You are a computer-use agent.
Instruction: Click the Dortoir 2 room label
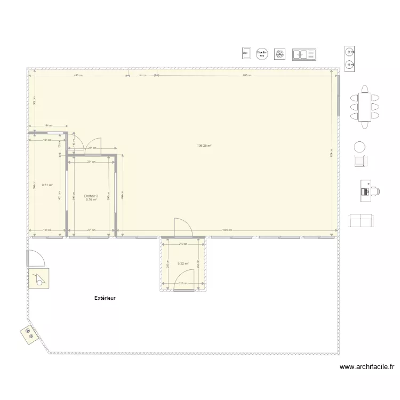(91, 196)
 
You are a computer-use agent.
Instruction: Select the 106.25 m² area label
(205, 146)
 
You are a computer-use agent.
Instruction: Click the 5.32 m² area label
(183, 263)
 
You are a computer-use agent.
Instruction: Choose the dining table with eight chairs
(365, 107)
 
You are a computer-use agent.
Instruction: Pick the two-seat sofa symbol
(360, 220)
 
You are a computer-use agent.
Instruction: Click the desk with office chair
(369, 190)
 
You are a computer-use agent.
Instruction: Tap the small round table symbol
(361, 147)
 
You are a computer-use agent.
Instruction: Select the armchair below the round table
(362, 161)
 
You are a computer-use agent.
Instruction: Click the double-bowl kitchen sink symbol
(304, 54)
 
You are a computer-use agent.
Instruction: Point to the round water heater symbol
(261, 53)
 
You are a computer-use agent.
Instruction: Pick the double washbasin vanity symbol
(350, 58)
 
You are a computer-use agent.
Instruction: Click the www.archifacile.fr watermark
(367, 367)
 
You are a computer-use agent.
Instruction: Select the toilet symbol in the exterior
(38, 278)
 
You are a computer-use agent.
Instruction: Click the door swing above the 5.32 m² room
(183, 227)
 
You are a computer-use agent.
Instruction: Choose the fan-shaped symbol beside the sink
(279, 54)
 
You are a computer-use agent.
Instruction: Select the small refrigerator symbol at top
(246, 53)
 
